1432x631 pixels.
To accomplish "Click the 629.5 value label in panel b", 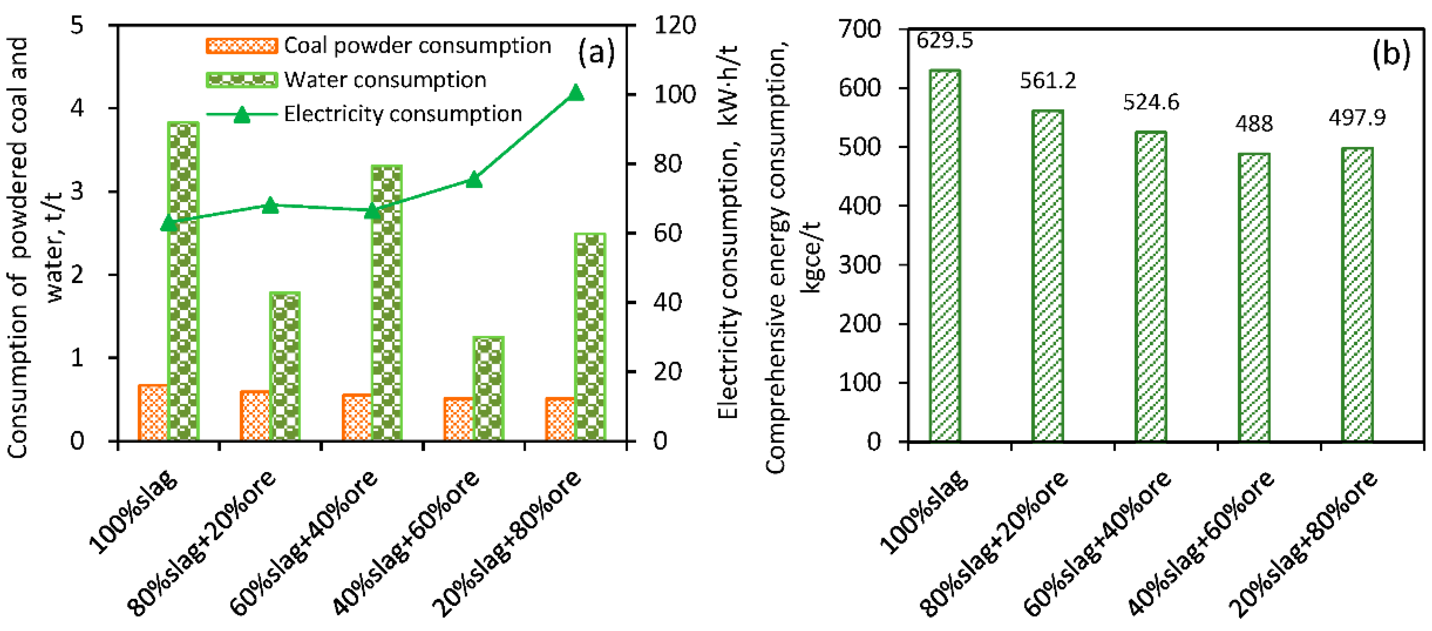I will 944,40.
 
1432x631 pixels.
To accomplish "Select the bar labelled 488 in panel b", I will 1254,297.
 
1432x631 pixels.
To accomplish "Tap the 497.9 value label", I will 1357,117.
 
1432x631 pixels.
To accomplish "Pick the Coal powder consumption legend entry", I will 417,46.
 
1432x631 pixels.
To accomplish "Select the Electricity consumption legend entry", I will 403,114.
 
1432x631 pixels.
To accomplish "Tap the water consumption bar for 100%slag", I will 183,281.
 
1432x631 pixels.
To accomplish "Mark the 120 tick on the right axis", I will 674,25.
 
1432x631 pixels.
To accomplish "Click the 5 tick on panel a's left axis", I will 77,25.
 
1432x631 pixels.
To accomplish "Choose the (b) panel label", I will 1391,54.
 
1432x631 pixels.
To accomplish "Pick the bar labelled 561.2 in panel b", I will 1047,276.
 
